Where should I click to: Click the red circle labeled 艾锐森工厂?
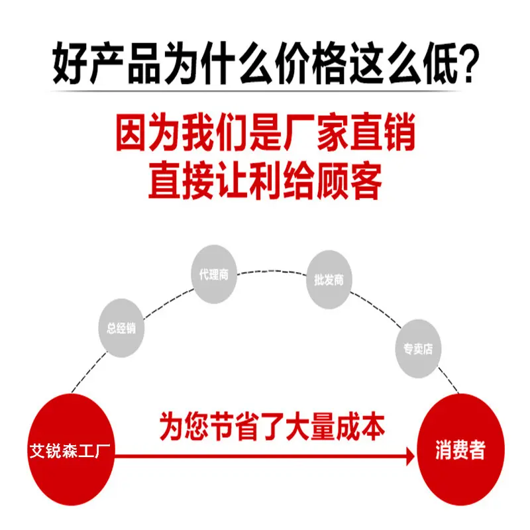[x=71, y=450]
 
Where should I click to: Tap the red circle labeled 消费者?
[x=460, y=450]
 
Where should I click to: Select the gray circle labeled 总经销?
[x=121, y=328]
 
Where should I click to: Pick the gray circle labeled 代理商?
[x=214, y=274]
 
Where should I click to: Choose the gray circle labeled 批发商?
[x=329, y=280]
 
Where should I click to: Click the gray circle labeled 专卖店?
[x=418, y=348]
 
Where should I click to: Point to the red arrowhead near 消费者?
[x=410, y=456]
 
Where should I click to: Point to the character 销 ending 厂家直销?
[x=399, y=133]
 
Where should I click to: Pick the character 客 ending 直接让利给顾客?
[x=366, y=181]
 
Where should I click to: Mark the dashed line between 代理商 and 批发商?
[x=272, y=271]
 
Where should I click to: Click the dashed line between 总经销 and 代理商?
[x=168, y=303]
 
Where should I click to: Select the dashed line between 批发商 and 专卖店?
[x=376, y=308]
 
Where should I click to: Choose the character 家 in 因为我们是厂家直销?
[x=333, y=133]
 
